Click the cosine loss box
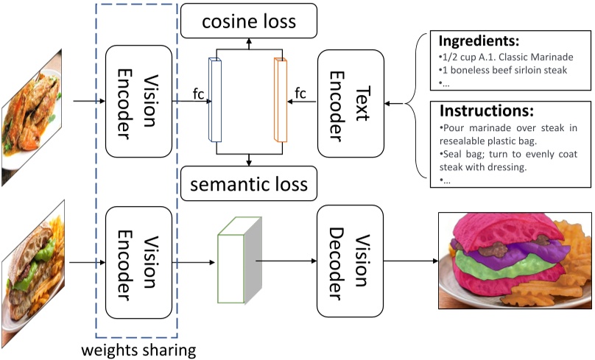[x=249, y=21]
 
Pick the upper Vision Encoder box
[x=139, y=101]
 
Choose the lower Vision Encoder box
[x=139, y=261]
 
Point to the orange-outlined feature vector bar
[x=280, y=100]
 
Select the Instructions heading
[x=486, y=111]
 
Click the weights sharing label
[x=138, y=349]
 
